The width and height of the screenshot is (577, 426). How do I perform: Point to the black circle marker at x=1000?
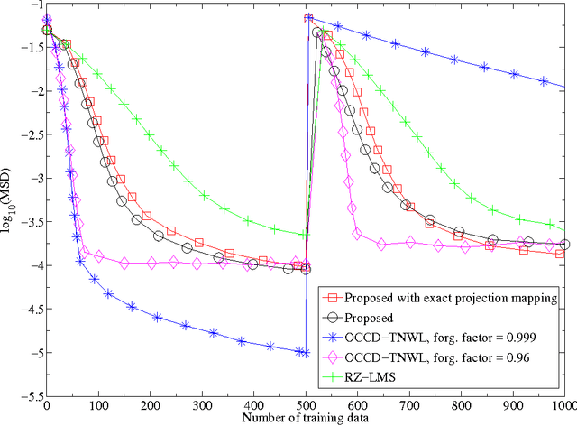pos(564,245)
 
